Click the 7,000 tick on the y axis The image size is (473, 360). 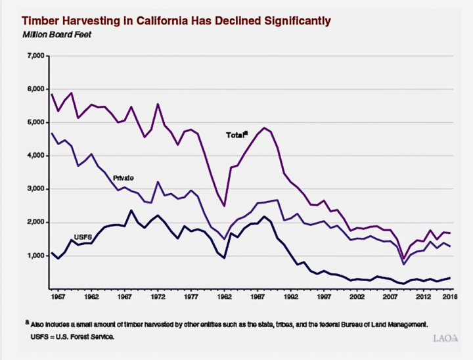click(x=34, y=56)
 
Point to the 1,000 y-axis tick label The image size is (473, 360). click(x=34, y=256)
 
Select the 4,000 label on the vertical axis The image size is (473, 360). click(x=34, y=156)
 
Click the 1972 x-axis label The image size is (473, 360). click(x=158, y=298)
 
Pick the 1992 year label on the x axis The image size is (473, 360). click(x=291, y=298)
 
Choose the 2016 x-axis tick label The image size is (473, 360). click(x=450, y=298)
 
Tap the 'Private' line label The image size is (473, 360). click(x=123, y=178)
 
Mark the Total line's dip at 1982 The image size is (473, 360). click(x=225, y=206)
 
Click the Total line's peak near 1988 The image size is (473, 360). click(x=264, y=127)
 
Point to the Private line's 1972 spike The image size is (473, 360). click(x=158, y=182)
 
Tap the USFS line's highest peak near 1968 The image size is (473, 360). click(x=131, y=210)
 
